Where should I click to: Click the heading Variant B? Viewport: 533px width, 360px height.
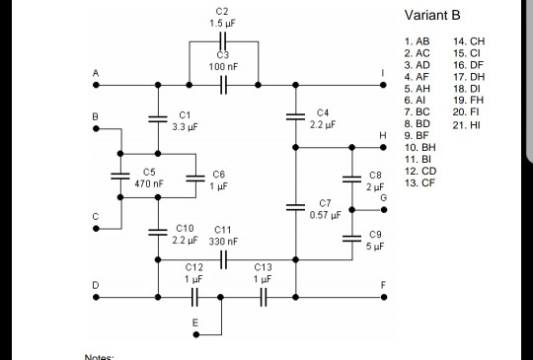coord(432,16)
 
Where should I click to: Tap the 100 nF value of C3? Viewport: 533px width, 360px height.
coord(222,65)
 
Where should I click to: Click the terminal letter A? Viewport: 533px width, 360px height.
coord(97,73)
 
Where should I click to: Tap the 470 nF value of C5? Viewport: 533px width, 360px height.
coord(148,184)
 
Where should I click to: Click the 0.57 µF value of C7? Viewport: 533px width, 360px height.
coord(325,214)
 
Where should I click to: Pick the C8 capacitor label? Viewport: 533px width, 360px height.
coord(374,176)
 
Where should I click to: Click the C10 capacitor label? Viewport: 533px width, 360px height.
coord(185,229)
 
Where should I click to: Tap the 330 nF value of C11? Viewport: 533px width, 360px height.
coord(223,241)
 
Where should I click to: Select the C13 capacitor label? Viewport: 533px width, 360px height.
coord(262,266)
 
